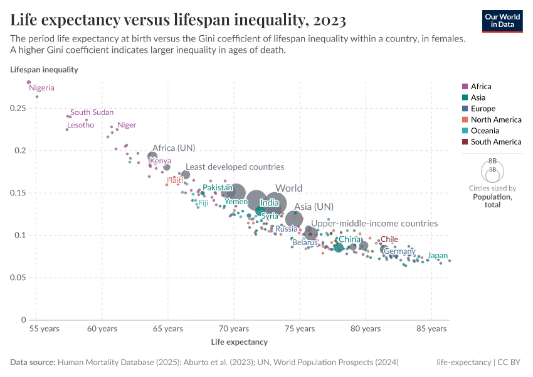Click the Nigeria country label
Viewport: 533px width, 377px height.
(x=41, y=88)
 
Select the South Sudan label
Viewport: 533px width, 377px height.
(x=92, y=112)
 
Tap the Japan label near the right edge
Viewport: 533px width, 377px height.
(x=438, y=256)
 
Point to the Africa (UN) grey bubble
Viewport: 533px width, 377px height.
(x=152, y=156)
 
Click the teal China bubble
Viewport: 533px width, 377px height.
(x=339, y=248)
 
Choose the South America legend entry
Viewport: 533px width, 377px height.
(x=495, y=142)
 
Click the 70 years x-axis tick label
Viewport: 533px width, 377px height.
(x=233, y=329)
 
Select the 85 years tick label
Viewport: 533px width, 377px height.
(x=431, y=329)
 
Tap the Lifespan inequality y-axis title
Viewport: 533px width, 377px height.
(x=44, y=70)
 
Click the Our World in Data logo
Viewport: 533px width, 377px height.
(x=502, y=20)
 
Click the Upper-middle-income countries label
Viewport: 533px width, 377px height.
(x=374, y=223)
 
